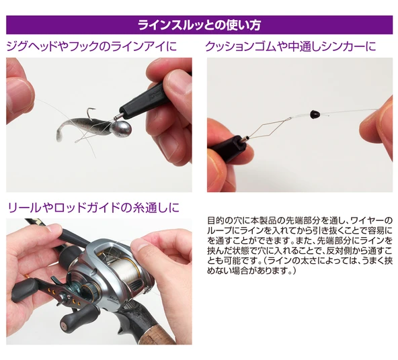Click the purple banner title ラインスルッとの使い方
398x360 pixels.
[x=199, y=25]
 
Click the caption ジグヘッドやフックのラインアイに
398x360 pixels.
[x=91, y=46]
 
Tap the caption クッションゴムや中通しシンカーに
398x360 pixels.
[x=290, y=46]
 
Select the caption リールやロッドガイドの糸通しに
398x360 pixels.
[x=93, y=208]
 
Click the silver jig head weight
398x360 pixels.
[x=122, y=128]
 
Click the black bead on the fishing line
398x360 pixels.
[x=314, y=114]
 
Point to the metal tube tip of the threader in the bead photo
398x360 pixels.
[x=245, y=139]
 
